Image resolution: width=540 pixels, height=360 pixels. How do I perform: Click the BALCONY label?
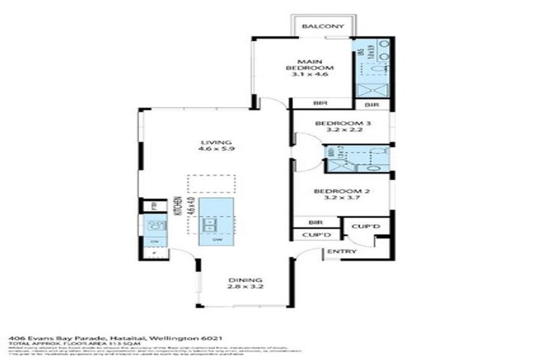323,27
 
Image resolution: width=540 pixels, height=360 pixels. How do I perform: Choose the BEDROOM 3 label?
342,124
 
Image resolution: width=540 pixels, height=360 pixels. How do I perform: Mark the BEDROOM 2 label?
342,191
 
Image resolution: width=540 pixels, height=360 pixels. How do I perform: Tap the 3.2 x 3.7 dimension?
342,199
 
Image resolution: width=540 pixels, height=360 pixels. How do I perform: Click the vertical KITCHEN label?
180,205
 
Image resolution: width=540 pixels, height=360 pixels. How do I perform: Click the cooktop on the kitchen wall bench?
155,226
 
